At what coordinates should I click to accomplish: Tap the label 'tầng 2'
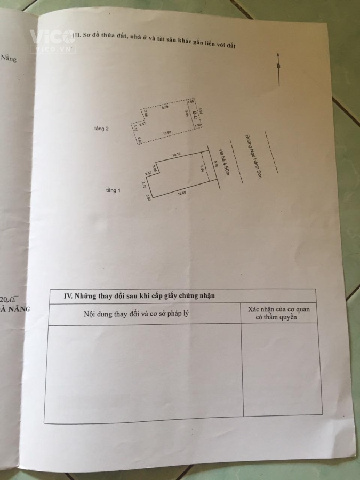(101, 129)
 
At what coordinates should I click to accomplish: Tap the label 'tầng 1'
(113, 190)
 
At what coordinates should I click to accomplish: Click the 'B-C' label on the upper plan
(196, 114)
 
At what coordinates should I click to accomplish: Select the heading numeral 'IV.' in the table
(68, 295)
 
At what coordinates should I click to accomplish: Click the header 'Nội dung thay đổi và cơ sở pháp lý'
(137, 314)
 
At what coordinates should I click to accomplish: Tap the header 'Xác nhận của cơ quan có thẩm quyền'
(279, 313)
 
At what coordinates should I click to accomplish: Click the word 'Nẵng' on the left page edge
(9, 58)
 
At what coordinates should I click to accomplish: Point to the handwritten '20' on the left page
(6, 298)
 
